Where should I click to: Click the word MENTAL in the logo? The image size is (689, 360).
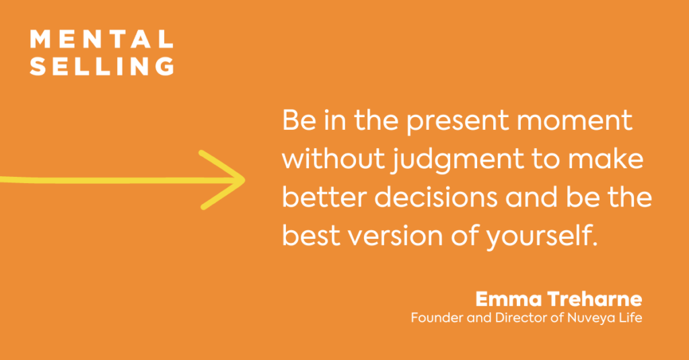[102, 39]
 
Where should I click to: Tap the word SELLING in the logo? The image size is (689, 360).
[102, 66]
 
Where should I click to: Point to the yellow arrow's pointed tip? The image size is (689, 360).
[244, 180]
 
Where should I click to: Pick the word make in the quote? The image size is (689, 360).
[606, 159]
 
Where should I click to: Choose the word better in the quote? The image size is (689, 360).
[324, 197]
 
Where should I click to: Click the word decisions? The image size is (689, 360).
[436, 197]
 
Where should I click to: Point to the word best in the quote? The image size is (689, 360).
[311, 235]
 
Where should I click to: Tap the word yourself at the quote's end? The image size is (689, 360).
[542, 237]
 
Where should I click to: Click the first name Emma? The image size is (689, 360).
[509, 299]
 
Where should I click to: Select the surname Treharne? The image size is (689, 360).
[595, 299]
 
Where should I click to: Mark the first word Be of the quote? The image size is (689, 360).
[299, 120]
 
